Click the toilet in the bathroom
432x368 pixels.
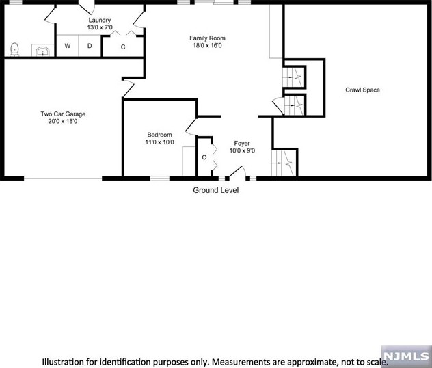[x=14, y=48]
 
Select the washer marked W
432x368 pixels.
[x=68, y=46]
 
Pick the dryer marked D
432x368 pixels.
[x=90, y=46]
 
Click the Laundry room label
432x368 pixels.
[x=99, y=21]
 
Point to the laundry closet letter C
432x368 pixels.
[x=123, y=47]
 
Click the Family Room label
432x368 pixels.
[x=207, y=38]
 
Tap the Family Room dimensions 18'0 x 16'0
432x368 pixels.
[x=207, y=46]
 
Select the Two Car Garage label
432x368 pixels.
[x=63, y=114]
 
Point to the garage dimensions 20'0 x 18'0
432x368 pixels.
[x=63, y=122]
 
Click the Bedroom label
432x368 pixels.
[x=159, y=135]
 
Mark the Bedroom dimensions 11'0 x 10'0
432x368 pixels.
[x=159, y=142]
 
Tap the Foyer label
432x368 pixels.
[x=242, y=143]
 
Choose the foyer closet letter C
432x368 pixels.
[x=204, y=157]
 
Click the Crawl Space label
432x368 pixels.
[x=362, y=90]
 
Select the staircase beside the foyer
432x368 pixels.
[x=285, y=163]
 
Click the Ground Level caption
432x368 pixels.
[x=215, y=191]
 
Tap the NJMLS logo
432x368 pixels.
[x=407, y=356]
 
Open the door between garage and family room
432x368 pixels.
[x=128, y=88]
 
